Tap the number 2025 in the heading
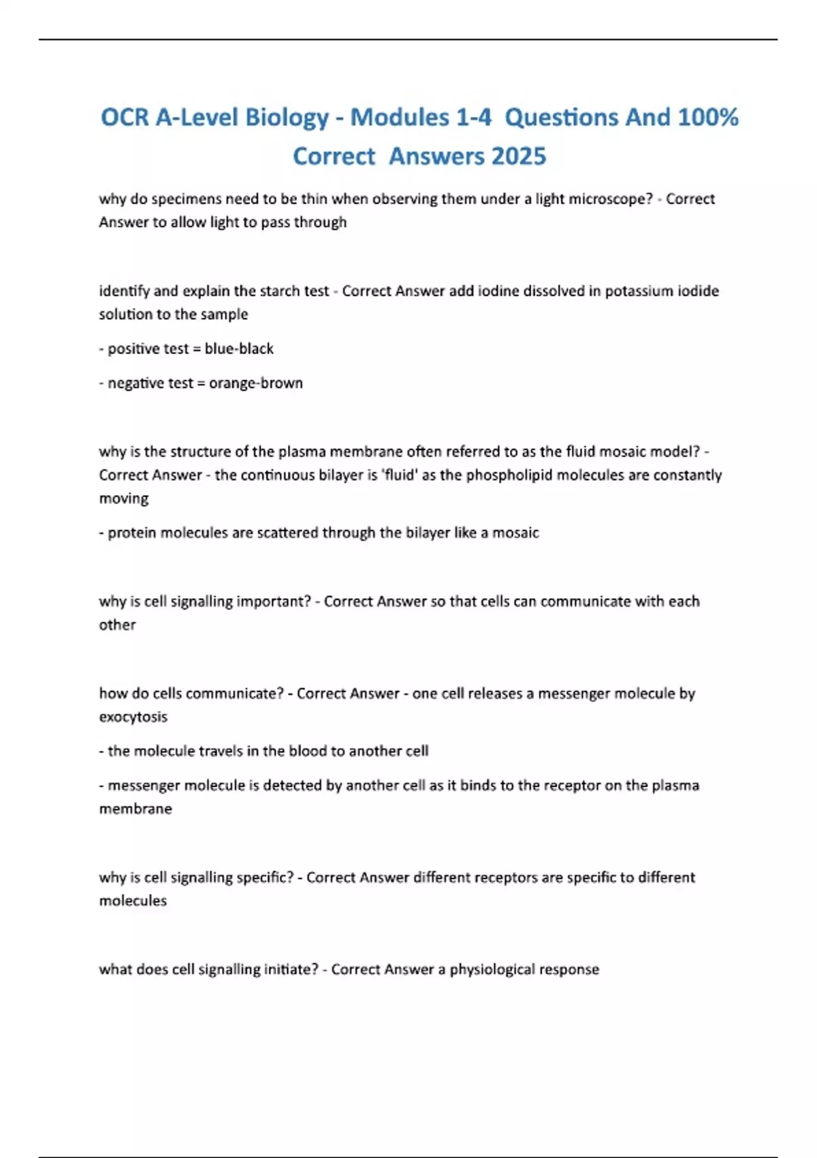click(x=518, y=157)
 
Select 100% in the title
click(x=708, y=118)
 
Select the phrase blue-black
click(x=239, y=349)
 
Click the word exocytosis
click(x=133, y=717)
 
